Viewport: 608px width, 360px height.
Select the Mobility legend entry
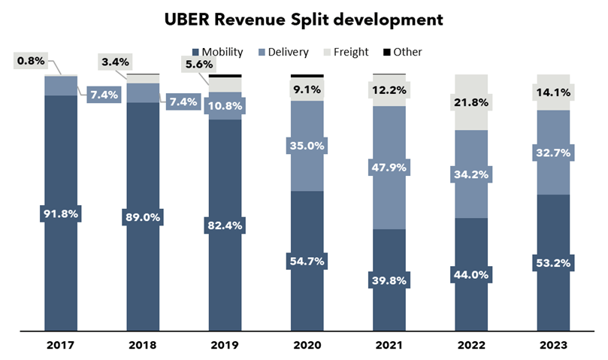219,52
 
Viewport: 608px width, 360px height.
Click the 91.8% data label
61,213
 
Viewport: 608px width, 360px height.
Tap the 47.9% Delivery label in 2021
389,167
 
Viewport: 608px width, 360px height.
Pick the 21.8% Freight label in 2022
471,101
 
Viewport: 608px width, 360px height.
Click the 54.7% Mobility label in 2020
307,260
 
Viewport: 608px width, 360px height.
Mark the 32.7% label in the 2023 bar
553,153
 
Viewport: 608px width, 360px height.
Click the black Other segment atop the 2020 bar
307,76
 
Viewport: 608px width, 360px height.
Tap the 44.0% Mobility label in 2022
471,274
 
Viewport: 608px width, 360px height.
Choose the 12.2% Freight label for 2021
389,90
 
